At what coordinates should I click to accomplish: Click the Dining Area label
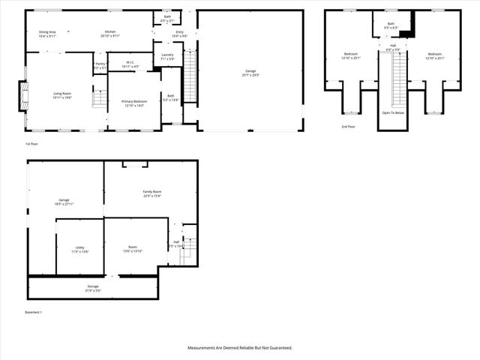[48, 31]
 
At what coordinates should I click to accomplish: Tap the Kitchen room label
[109, 31]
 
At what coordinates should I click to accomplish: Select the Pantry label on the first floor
[100, 64]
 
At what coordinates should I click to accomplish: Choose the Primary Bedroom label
[135, 101]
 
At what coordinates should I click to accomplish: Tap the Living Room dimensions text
[62, 98]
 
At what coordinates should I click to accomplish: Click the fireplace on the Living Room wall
[23, 96]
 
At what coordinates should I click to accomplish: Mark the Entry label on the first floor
[180, 31]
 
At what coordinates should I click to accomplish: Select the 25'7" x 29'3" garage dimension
[250, 75]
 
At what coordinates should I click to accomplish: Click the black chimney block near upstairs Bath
[406, 31]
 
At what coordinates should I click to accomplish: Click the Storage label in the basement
[92, 286]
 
